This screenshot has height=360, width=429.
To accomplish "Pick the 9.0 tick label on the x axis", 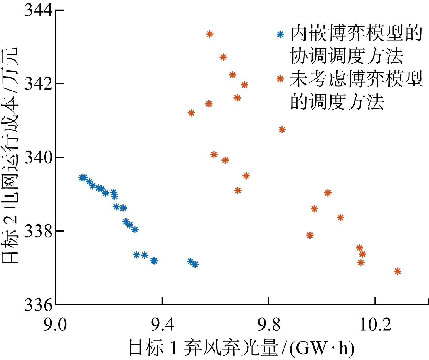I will click(55, 325).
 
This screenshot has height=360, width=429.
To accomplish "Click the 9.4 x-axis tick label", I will click(162, 325).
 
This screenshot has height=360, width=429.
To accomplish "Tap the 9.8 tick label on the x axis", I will click(269, 325).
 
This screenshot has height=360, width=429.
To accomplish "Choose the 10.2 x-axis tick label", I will click(375, 325).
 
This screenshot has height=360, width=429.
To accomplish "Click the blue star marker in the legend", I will click(280, 34).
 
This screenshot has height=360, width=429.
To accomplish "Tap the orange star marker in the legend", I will click(280, 79).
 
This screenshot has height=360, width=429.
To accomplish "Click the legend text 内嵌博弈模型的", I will click(356, 34).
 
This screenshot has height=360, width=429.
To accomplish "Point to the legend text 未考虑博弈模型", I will click(356, 79).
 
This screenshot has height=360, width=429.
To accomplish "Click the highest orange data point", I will click(210, 34).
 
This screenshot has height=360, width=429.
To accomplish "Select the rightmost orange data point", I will click(397, 271).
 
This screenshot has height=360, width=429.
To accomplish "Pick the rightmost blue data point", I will click(195, 264).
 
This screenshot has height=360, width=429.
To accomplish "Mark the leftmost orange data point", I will click(191, 113).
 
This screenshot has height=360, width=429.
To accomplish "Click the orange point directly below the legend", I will click(282, 130).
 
